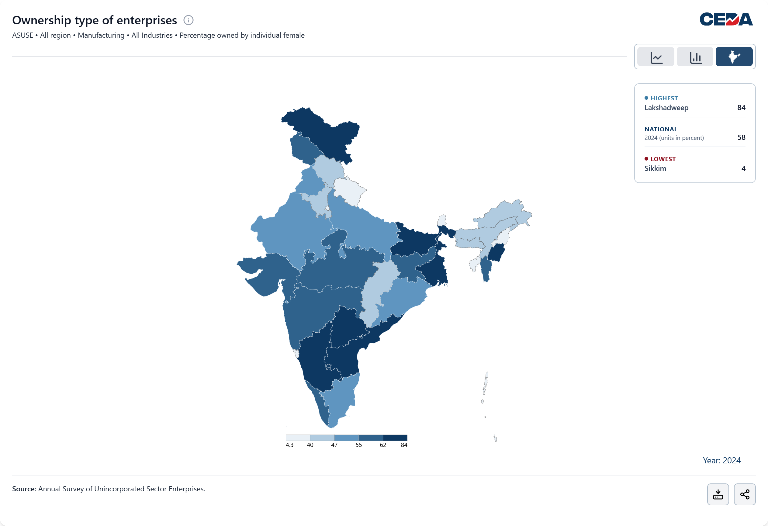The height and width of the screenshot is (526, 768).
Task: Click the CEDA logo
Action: [726, 19]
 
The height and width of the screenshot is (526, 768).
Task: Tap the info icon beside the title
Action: [189, 20]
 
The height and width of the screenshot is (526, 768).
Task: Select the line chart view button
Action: [656, 57]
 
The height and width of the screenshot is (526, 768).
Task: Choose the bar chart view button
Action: [695, 57]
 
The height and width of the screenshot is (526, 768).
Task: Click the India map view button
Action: [734, 57]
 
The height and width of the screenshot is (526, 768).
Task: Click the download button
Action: [718, 494]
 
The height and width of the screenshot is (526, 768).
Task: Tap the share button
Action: [745, 494]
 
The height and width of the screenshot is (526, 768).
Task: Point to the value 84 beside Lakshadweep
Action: [741, 108]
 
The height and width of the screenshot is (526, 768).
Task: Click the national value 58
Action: [741, 137]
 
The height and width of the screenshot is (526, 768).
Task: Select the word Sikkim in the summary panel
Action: [655, 168]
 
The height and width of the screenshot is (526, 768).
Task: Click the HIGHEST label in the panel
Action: [664, 98]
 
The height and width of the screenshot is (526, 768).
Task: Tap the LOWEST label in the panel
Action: [663, 159]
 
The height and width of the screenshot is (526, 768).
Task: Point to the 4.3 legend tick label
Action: [289, 445]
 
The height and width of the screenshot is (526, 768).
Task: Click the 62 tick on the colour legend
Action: [383, 445]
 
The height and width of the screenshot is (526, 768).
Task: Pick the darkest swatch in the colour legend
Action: [395, 438]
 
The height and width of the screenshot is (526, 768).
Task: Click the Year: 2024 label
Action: [721, 461]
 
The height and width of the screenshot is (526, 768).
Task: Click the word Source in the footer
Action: [24, 489]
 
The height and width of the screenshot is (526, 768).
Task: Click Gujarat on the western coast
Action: [265, 274]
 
